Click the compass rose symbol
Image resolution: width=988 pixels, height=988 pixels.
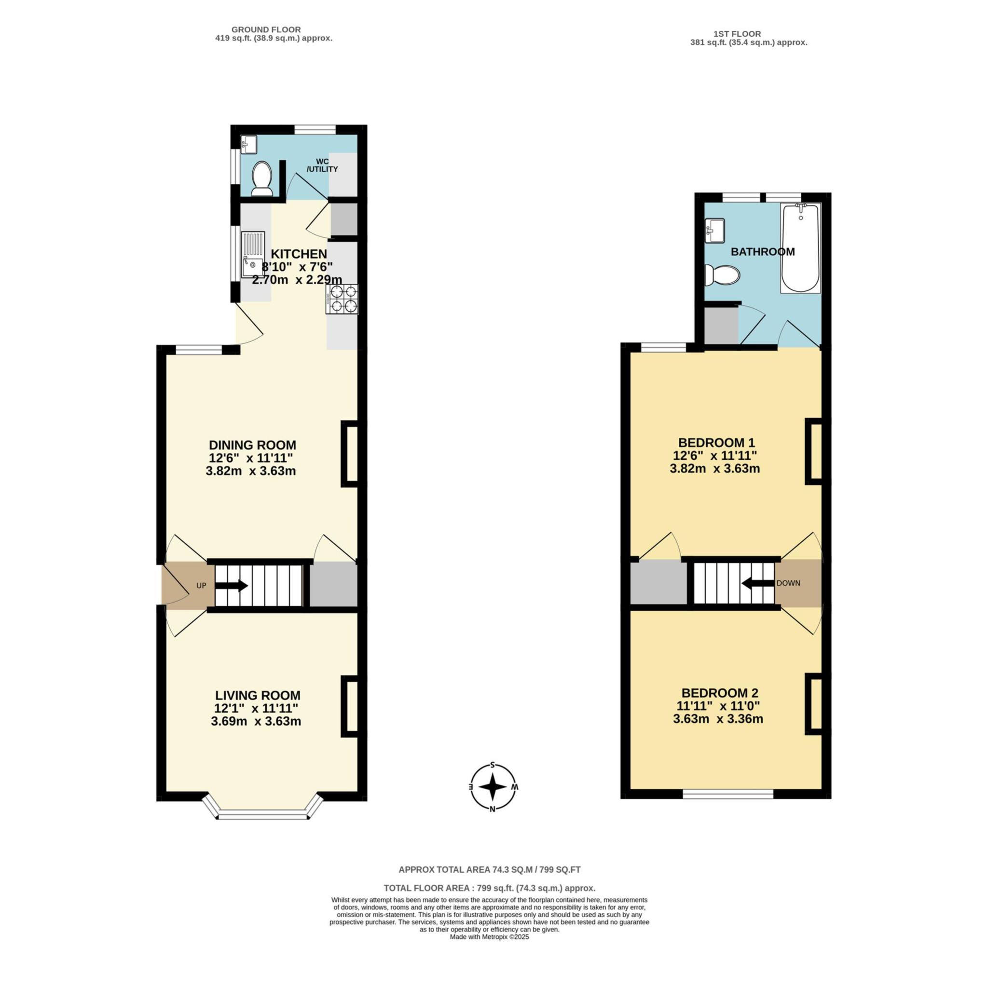point(493,787)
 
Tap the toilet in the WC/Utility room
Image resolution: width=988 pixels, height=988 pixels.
point(262,178)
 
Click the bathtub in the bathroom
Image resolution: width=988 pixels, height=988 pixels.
point(800,248)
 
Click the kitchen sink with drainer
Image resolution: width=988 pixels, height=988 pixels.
point(253,255)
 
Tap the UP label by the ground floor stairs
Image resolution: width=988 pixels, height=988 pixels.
point(202,586)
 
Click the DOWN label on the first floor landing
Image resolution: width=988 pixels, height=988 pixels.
point(788,583)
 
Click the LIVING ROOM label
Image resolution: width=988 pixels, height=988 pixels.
point(257,696)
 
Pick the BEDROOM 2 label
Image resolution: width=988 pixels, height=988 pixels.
point(719,693)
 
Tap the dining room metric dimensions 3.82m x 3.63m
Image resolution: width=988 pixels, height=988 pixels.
point(250,471)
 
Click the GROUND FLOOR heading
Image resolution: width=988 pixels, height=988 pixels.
point(266,29)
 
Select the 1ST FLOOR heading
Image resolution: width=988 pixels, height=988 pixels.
point(737,34)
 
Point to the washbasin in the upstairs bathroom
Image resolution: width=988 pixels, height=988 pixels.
point(715,230)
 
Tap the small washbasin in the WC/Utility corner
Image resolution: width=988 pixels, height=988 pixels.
point(248,144)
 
